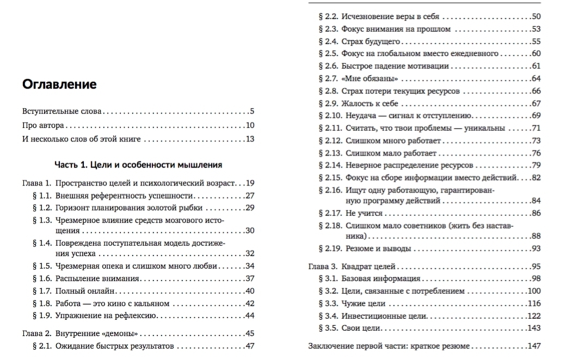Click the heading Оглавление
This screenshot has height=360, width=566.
[x=59, y=84]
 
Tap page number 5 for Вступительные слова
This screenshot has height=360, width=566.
[x=252, y=111]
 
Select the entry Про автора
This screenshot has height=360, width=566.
[x=44, y=125]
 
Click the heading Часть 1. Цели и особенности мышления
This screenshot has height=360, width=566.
[x=138, y=164]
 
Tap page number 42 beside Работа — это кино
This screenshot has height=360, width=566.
[x=250, y=303]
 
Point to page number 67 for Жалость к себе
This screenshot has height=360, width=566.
[x=536, y=103]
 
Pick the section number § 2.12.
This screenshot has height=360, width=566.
[x=330, y=140]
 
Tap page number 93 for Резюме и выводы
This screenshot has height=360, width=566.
[x=536, y=249]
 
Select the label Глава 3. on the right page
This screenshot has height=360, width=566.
[x=322, y=266]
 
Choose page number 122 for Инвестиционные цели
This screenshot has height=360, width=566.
[x=534, y=315]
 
